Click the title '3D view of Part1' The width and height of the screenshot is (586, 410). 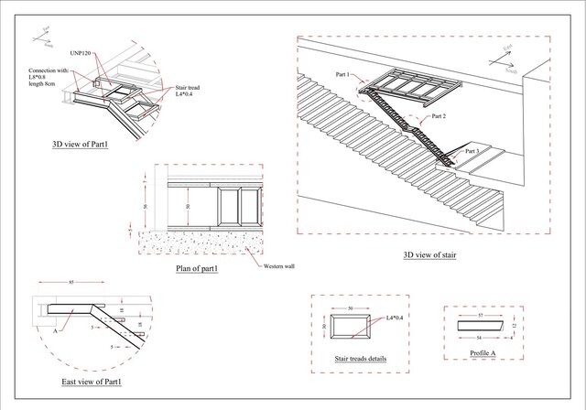pyautogui.click(x=81, y=144)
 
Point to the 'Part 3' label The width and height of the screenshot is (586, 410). pyautogui.click(x=472, y=150)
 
